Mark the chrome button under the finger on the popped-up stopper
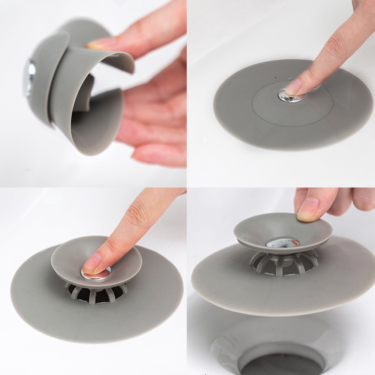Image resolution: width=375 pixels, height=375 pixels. pos(98,274)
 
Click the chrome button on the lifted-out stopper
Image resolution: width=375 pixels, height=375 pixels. pos(283,242)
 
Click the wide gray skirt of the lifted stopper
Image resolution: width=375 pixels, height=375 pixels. pos(232,285)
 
